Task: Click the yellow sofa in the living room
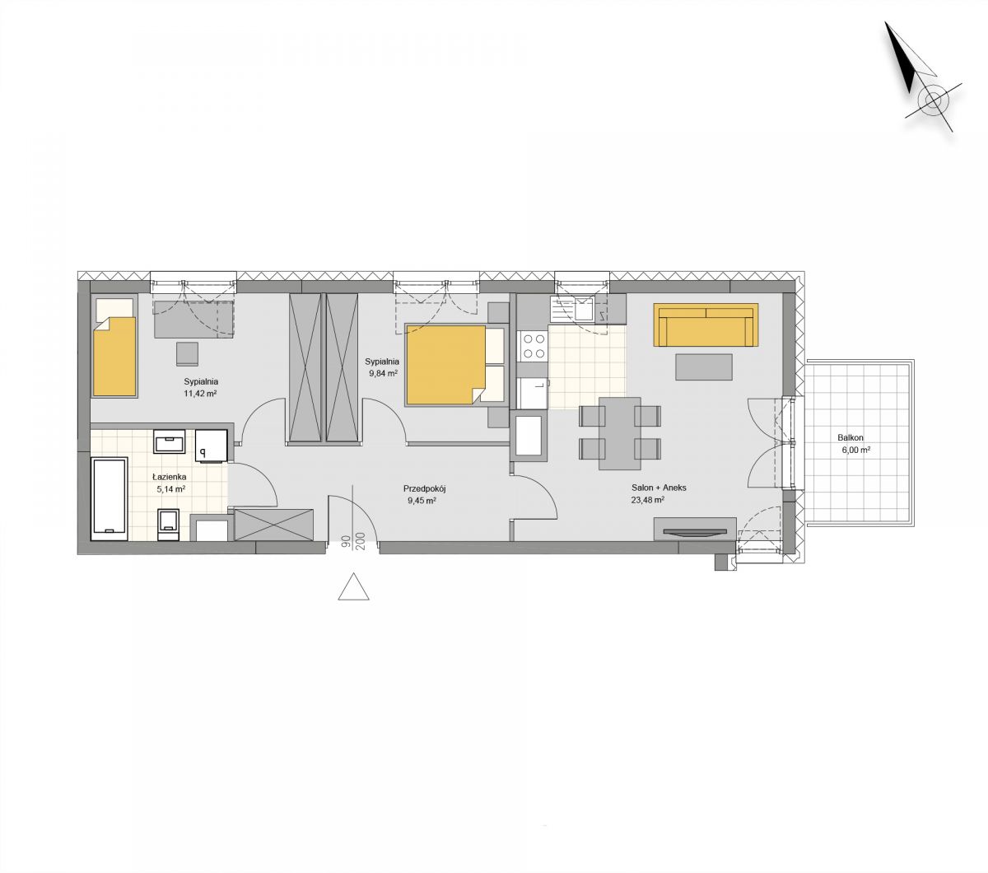click(x=706, y=324)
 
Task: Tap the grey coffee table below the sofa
click(x=704, y=367)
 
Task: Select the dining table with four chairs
click(x=620, y=433)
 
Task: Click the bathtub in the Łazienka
click(x=110, y=498)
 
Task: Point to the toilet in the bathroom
click(x=169, y=525)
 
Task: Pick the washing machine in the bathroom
click(x=212, y=445)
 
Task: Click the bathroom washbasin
click(x=170, y=441)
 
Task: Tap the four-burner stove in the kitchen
click(x=533, y=345)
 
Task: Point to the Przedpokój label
click(x=425, y=488)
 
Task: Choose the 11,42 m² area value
click(x=200, y=394)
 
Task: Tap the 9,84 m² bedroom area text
click(x=384, y=373)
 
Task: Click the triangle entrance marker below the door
click(x=353, y=586)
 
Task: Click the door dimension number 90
click(x=347, y=541)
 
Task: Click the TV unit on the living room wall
click(x=694, y=530)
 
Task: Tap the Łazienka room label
click(x=169, y=477)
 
